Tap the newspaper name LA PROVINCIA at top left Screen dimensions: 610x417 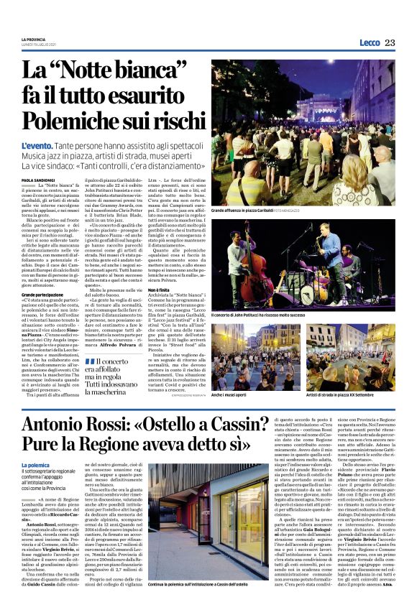point(33,39)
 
